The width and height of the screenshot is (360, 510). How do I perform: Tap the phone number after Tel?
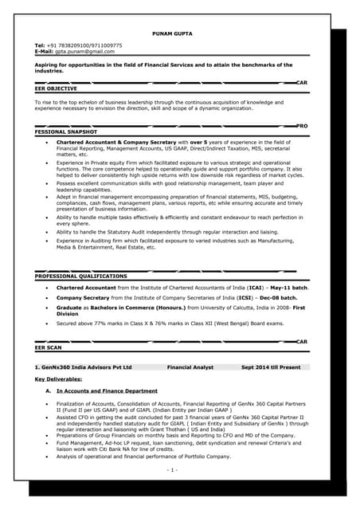(84, 45)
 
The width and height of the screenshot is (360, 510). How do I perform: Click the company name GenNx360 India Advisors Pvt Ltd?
(84, 367)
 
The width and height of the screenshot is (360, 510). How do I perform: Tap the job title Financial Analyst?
(190, 367)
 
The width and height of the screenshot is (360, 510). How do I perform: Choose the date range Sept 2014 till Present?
(271, 367)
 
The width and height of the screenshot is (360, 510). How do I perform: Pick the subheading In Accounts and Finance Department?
(107, 391)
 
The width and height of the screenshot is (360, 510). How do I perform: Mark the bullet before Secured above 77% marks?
(49, 324)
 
